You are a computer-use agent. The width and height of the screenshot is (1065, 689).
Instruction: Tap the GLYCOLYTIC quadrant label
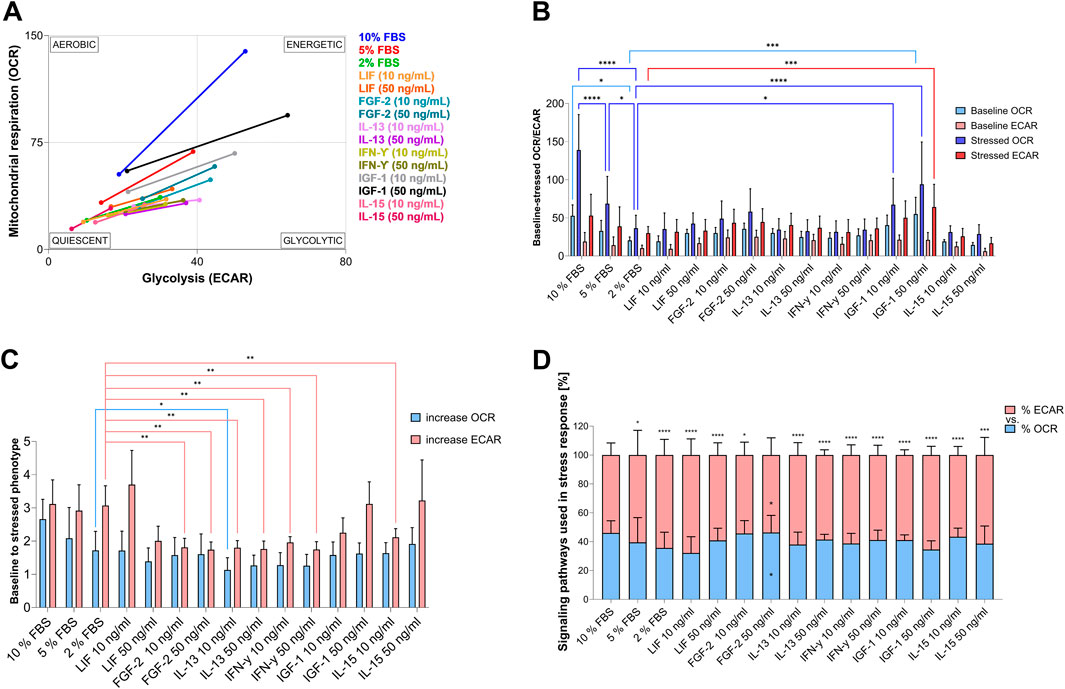pyautogui.click(x=312, y=240)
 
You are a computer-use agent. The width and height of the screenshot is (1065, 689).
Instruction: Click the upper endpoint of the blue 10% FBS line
pyautogui.click(x=245, y=51)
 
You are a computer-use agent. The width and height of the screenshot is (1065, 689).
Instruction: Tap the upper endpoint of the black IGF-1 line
pyautogui.click(x=287, y=115)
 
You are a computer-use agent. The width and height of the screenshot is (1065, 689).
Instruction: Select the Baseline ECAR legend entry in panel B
pyautogui.click(x=987, y=120)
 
